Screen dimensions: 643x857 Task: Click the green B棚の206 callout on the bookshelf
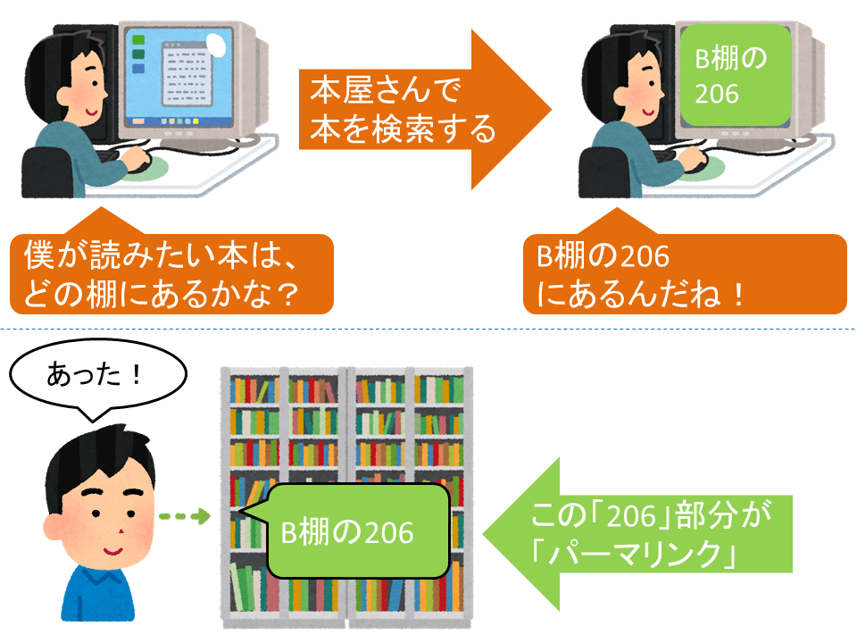(x=357, y=532)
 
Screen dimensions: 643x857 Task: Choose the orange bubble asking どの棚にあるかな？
(x=170, y=273)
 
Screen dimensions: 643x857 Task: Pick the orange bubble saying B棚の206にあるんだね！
(x=683, y=273)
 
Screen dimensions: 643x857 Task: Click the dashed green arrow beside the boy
(x=183, y=516)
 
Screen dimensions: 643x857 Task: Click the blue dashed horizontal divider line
(x=428, y=330)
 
